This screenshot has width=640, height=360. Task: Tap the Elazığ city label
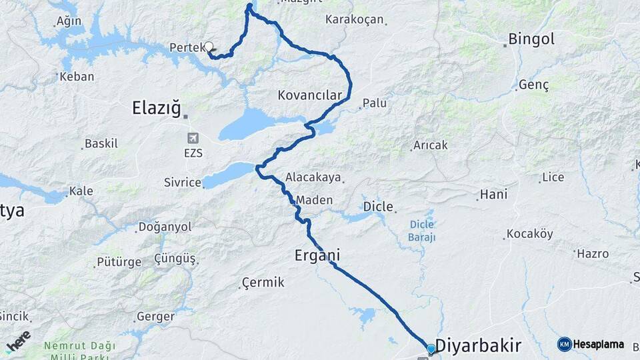click(157, 108)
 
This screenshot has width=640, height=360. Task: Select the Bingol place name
click(531, 39)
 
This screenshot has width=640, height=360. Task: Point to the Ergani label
click(317, 255)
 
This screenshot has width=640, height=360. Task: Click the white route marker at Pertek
click(209, 47)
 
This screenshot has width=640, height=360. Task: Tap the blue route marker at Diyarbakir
click(431, 349)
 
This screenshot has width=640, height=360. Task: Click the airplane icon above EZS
click(193, 138)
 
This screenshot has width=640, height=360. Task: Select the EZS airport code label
click(193, 153)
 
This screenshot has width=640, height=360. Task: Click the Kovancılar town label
click(309, 96)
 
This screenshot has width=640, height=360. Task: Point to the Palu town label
click(374, 103)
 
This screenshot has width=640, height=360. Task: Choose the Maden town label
click(314, 200)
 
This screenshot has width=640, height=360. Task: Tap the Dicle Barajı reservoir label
click(422, 231)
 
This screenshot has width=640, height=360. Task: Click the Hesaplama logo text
click(599, 345)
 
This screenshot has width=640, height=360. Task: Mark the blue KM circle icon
click(565, 345)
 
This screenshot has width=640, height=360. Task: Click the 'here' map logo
click(19, 341)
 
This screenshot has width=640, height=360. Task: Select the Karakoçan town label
click(355, 19)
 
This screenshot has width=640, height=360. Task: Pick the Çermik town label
click(263, 283)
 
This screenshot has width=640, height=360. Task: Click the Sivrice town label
click(182, 183)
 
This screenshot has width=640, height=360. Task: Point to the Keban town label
click(77, 77)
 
